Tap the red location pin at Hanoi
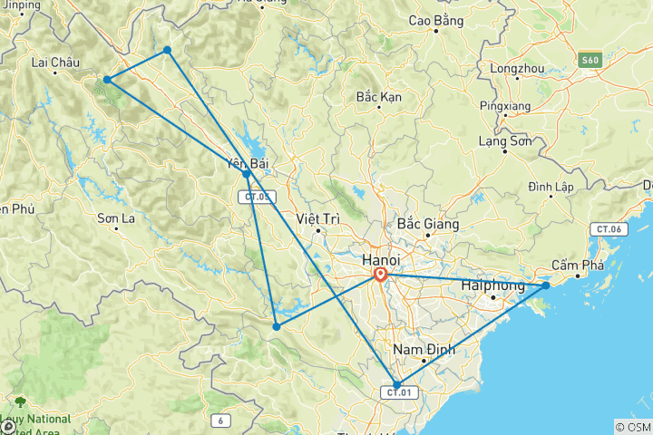pos(381,275)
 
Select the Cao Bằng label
pos(436,19)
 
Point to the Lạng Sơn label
pos(504,140)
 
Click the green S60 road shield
pos(590,60)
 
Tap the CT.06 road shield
pos(607,229)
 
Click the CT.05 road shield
pos(256,197)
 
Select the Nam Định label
pos(422,349)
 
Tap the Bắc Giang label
pos(428,223)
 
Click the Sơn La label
pos(116,217)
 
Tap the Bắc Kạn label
pos(378,96)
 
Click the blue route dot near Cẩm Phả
pos(546,285)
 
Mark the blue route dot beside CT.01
pos(396,384)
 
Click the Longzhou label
pos(515,68)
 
